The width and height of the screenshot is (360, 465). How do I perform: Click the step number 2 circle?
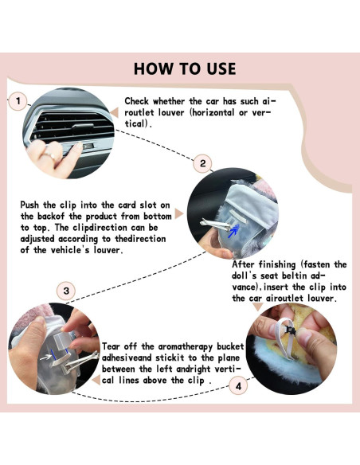click(x=203, y=163)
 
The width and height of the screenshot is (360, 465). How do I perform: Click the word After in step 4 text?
click(x=246, y=264)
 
